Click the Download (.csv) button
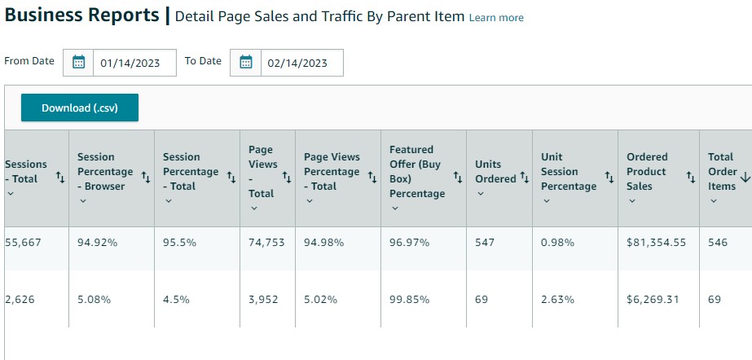pyautogui.click(x=80, y=108)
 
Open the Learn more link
pyautogui.click(x=496, y=18)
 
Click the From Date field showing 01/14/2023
pyautogui.click(x=134, y=63)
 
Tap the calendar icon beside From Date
pyautogui.click(x=79, y=63)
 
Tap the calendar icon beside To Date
pyautogui.click(x=246, y=63)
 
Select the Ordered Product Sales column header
pyautogui.click(x=647, y=171)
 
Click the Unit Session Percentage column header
pyautogui.click(x=569, y=171)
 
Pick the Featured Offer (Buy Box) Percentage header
pyautogui.click(x=416, y=171)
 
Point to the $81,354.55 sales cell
pyautogui.click(x=656, y=243)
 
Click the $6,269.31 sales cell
pyautogui.click(x=653, y=299)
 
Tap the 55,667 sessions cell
pyautogui.click(x=23, y=243)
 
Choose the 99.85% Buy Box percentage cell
pyautogui.click(x=410, y=299)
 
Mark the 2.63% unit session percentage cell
pyautogui.click(x=557, y=299)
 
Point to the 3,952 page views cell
pyautogui.click(x=263, y=299)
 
